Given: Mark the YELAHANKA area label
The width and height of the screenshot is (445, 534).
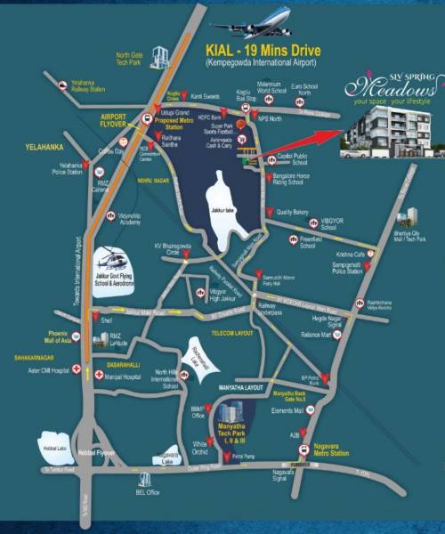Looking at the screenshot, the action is click(x=23, y=142).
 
